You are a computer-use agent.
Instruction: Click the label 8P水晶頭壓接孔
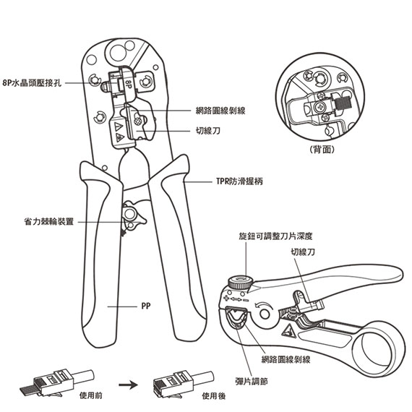(x=32, y=83)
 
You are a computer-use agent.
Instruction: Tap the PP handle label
(x=146, y=306)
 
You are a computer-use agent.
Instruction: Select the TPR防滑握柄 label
(x=239, y=181)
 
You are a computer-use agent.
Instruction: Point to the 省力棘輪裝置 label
(x=49, y=221)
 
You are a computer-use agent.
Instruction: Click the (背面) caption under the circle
(x=322, y=150)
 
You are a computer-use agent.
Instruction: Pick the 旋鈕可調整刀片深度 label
(x=275, y=236)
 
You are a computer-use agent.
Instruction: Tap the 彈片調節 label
(x=252, y=381)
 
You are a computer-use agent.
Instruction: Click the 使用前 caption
(x=91, y=395)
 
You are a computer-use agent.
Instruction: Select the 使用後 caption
(x=214, y=396)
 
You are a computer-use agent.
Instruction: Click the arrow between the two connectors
(x=128, y=385)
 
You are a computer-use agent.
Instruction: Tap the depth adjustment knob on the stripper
(x=240, y=282)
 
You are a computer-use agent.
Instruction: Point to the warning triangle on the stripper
(x=289, y=331)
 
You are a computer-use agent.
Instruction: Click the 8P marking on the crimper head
(x=128, y=84)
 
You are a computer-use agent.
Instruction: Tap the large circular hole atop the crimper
(x=117, y=53)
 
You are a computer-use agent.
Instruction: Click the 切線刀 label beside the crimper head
(x=208, y=131)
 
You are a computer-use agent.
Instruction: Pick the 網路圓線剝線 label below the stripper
(x=286, y=359)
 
